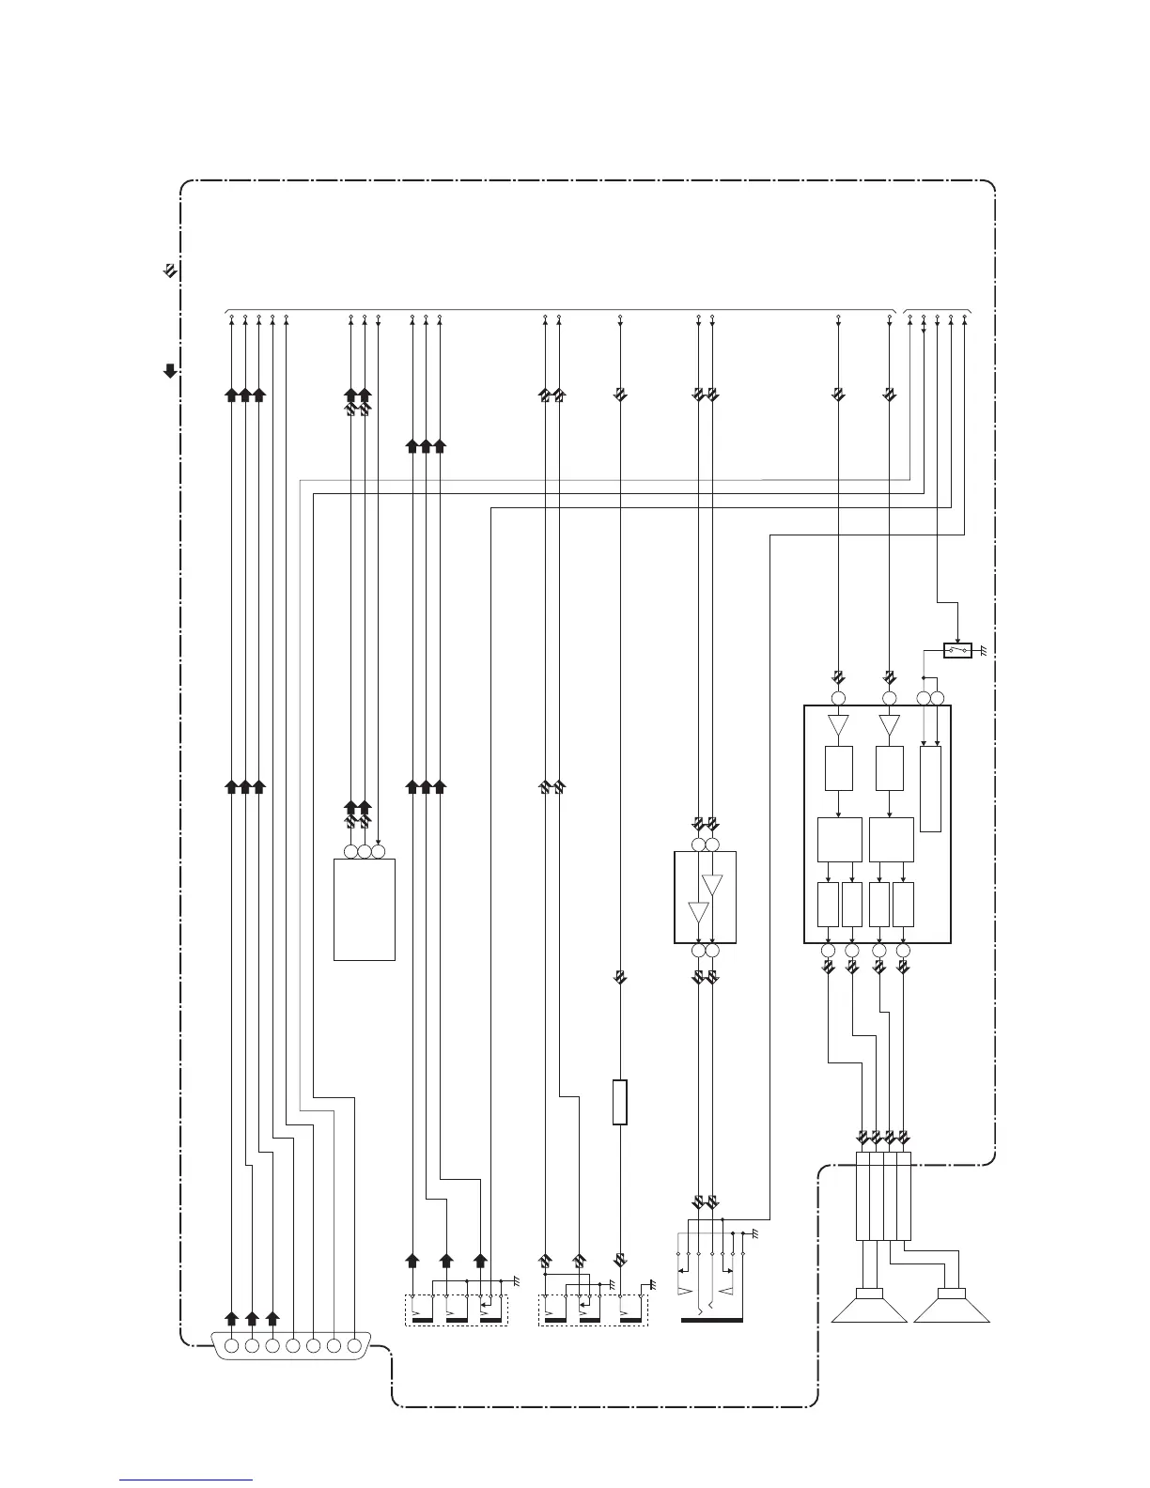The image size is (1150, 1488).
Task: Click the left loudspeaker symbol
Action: pyautogui.click(x=869, y=1308)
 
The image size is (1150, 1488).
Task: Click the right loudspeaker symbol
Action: pyautogui.click(x=952, y=1308)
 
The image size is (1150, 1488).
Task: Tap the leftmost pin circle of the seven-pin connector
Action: pyautogui.click(x=231, y=1345)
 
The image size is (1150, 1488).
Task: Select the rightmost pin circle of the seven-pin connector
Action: pyautogui.click(x=354, y=1345)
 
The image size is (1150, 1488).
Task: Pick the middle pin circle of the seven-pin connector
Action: pyautogui.click(x=293, y=1345)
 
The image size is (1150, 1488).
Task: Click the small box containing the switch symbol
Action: pyautogui.click(x=957, y=650)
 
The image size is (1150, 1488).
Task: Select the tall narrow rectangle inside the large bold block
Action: pyautogui.click(x=930, y=788)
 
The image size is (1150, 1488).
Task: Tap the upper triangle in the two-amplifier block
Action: pyautogui.click(x=712, y=885)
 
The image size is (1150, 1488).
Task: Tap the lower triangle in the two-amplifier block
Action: pyautogui.click(x=698, y=911)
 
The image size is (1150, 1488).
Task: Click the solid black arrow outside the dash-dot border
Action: pyautogui.click(x=170, y=370)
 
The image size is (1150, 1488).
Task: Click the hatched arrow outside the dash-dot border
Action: pyautogui.click(x=170, y=271)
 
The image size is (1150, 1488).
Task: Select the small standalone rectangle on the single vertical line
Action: pyautogui.click(x=619, y=1102)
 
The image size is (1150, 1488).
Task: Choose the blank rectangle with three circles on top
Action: pyautogui.click(x=365, y=908)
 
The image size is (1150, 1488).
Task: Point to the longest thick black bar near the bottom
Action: pyautogui.click(x=711, y=1320)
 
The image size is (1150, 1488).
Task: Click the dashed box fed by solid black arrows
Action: pyautogui.click(x=456, y=1310)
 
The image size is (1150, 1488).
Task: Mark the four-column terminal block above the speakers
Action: pyautogui.click(x=883, y=1196)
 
